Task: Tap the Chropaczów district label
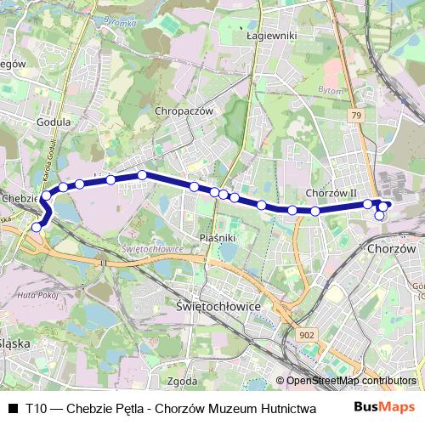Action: [x=183, y=110]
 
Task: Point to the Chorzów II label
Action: [x=331, y=193]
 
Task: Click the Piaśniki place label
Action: [x=217, y=238]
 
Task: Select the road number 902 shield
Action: [x=307, y=336]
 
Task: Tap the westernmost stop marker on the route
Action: [x=36, y=227]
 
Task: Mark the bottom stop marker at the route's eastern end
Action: [x=380, y=216]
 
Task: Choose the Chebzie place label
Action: [x=18, y=197]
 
